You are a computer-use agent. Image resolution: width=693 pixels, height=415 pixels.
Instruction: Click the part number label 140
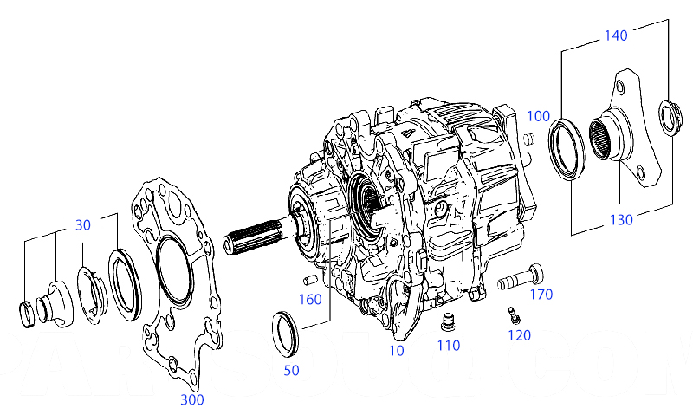pyautogui.click(x=615, y=36)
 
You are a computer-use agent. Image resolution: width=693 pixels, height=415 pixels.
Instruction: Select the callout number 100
pyautogui.click(x=538, y=115)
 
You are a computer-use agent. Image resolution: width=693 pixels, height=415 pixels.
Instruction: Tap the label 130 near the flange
pyautogui.click(x=621, y=219)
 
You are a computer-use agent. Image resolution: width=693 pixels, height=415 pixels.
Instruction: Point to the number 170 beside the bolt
pyautogui.click(x=541, y=295)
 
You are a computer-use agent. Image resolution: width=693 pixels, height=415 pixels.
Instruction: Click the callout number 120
pyautogui.click(x=519, y=335)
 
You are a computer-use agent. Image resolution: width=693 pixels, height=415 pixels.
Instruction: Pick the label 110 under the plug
pyautogui.click(x=448, y=346)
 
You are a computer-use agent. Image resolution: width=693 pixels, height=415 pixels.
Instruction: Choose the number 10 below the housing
pyautogui.click(x=396, y=351)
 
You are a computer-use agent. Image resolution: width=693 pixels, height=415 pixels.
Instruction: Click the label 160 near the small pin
pyautogui.click(x=310, y=300)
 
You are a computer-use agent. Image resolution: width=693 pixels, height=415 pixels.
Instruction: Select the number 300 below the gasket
pyautogui.click(x=192, y=399)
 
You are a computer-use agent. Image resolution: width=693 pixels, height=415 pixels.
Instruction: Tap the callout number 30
pyautogui.click(x=82, y=224)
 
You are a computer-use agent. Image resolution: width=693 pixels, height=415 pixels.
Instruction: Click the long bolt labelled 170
pyautogui.click(x=520, y=279)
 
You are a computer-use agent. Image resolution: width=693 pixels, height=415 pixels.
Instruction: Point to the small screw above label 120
pyautogui.click(x=512, y=314)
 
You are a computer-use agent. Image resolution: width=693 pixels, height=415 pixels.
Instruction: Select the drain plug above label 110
pyautogui.click(x=448, y=323)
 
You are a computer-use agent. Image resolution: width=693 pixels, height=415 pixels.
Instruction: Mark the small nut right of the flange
pyautogui.click(x=668, y=118)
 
